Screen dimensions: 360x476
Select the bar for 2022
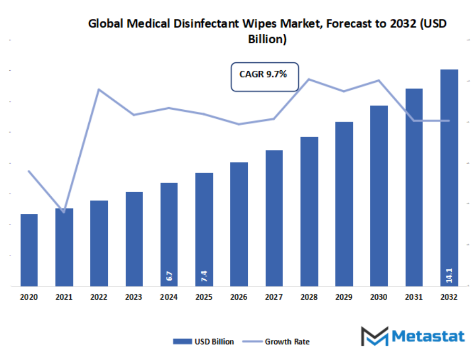click(x=99, y=243)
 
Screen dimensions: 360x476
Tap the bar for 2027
click(x=274, y=218)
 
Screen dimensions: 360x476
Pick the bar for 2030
click(x=379, y=196)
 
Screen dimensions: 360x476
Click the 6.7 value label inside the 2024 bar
click(x=169, y=276)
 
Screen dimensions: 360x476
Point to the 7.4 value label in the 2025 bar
click(x=204, y=276)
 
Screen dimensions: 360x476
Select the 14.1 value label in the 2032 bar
click(x=449, y=274)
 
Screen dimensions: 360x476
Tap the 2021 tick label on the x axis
click(x=64, y=298)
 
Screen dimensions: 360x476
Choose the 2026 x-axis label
click(x=239, y=298)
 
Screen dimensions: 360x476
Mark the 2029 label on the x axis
click(x=344, y=298)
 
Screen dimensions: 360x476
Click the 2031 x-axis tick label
click(x=414, y=298)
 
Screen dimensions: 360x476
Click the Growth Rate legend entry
click(x=279, y=342)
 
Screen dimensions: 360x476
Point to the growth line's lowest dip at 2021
click(x=64, y=212)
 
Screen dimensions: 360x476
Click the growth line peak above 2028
click(x=309, y=79)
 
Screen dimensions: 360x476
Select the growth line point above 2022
click(x=99, y=89)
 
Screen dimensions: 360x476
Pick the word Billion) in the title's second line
click(x=267, y=39)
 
